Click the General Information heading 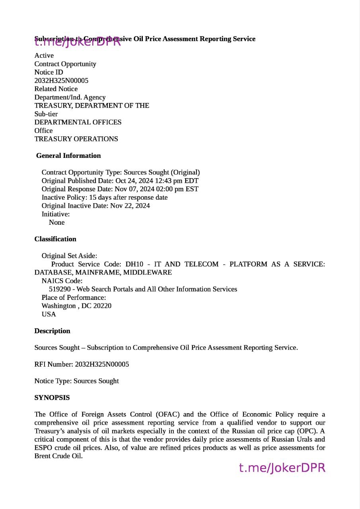click(x=68, y=155)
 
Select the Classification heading click(x=55, y=239)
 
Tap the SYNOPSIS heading click(x=52, y=398)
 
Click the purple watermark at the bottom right click(x=282, y=468)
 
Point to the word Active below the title click(x=44, y=56)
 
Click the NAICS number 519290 click(x=60, y=289)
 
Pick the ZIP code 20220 click(x=102, y=306)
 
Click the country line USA click(x=49, y=314)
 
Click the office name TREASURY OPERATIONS click(x=76, y=139)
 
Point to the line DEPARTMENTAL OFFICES click(x=78, y=122)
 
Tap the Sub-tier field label click(x=46, y=114)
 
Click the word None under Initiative click(x=56, y=222)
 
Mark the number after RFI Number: click(x=102, y=364)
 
